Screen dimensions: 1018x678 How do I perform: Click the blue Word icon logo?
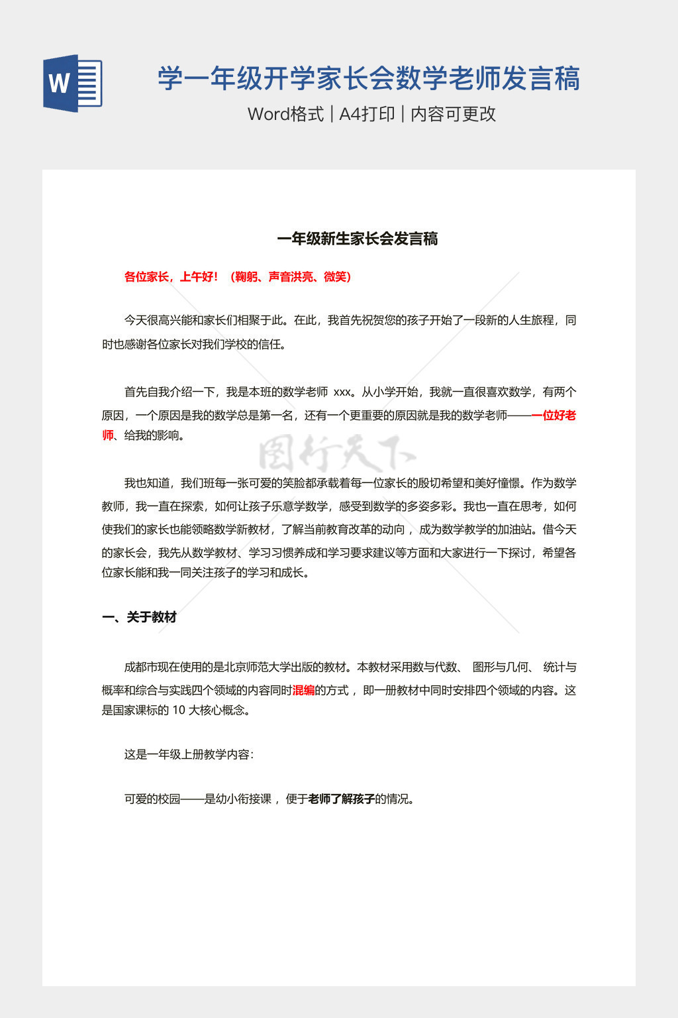click(x=73, y=83)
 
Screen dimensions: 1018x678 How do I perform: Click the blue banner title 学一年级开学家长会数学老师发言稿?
click(x=369, y=79)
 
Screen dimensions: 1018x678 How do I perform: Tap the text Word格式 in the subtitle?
click(x=285, y=114)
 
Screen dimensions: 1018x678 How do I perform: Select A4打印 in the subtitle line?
click(x=367, y=114)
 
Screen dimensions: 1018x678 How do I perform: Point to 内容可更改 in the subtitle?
click(x=454, y=114)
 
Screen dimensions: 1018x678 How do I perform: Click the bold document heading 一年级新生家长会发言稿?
click(x=358, y=239)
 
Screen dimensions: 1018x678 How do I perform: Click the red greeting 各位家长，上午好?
click(x=171, y=277)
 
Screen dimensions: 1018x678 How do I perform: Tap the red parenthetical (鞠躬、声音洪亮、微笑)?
click(x=290, y=277)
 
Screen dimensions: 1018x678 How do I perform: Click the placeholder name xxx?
click(x=342, y=392)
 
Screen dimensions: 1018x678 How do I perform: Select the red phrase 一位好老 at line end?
click(x=554, y=416)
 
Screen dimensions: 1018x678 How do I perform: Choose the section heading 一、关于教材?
click(x=139, y=618)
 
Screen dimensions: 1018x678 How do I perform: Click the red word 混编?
click(x=303, y=691)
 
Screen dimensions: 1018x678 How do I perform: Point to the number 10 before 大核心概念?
click(x=179, y=710)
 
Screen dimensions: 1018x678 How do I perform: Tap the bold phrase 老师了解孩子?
click(x=342, y=799)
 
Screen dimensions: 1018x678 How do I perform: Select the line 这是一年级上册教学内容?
click(x=189, y=755)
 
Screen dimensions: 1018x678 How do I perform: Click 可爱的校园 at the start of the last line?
click(x=152, y=799)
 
